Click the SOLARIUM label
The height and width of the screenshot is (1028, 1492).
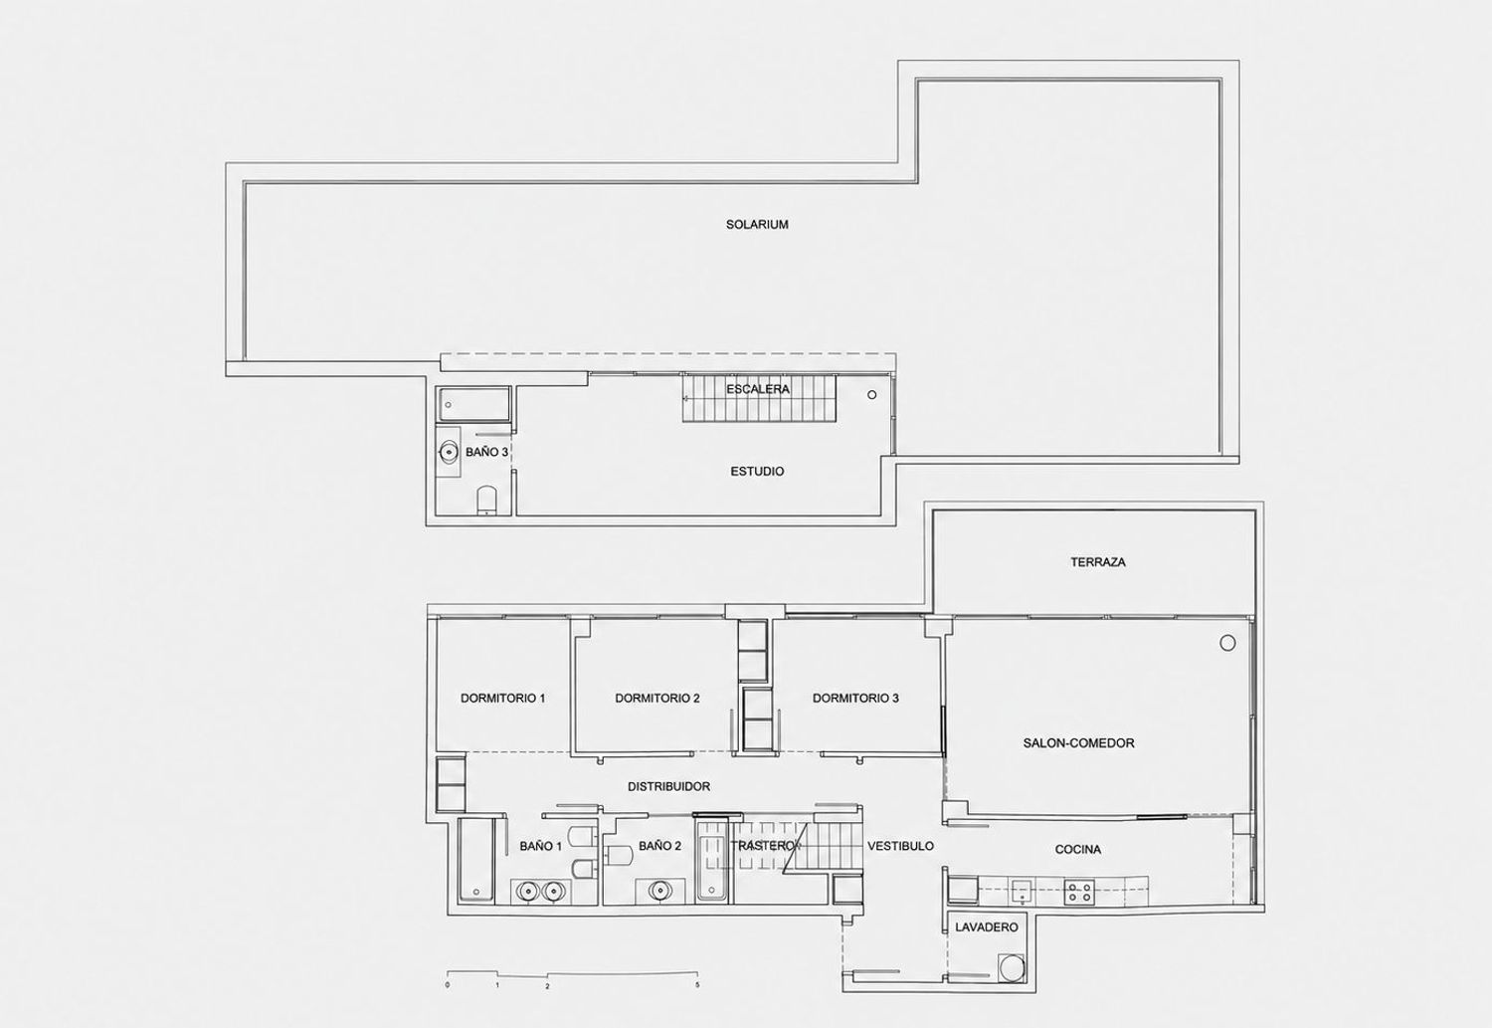(x=757, y=225)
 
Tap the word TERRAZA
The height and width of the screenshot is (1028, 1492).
(x=1098, y=562)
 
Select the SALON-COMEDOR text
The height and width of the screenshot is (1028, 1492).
(x=1078, y=742)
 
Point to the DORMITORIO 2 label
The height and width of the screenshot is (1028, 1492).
(x=657, y=699)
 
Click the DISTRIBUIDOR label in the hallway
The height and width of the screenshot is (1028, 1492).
(x=668, y=787)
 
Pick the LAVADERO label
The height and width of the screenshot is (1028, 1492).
(x=987, y=927)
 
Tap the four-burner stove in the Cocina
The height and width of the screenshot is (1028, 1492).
(x=1079, y=892)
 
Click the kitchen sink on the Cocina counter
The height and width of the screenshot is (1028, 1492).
(x=1022, y=892)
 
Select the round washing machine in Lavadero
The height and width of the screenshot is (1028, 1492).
(x=1012, y=968)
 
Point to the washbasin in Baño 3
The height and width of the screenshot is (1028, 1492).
(x=450, y=453)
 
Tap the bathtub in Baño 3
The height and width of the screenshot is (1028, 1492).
(x=473, y=404)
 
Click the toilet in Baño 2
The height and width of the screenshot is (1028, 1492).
(x=616, y=856)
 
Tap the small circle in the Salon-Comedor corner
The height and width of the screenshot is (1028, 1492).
(x=1227, y=643)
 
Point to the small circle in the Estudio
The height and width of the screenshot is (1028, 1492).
(x=872, y=395)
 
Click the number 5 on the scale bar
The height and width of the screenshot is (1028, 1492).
(x=697, y=984)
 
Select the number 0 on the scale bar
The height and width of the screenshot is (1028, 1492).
(x=448, y=984)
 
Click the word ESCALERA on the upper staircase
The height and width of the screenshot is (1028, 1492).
(x=758, y=389)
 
